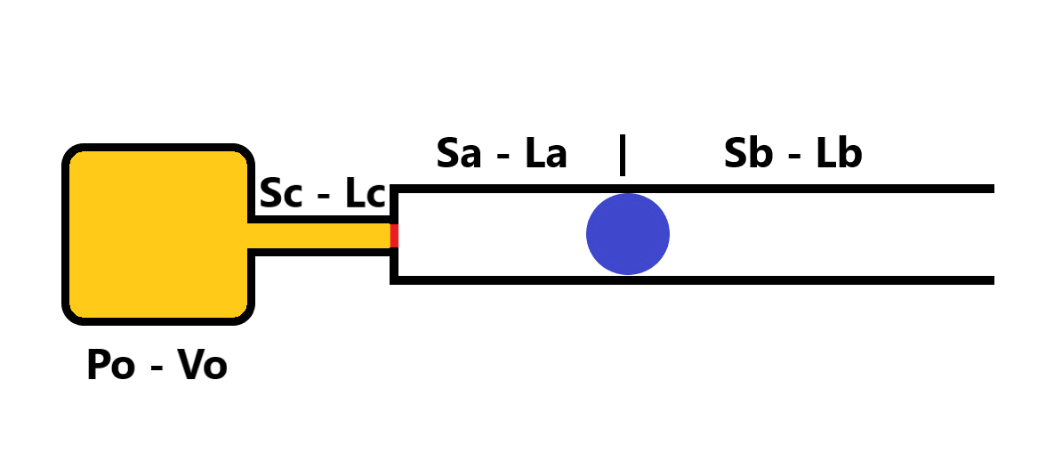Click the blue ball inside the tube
click(627, 234)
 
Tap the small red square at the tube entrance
click(393, 235)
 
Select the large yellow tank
click(158, 234)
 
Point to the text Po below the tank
click(110, 365)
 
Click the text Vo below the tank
click(202, 365)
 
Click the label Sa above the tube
click(459, 154)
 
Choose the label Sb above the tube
click(746, 154)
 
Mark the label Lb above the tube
click(839, 154)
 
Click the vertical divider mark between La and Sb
click(623, 155)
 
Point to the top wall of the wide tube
click(801, 189)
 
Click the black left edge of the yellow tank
click(66, 234)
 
